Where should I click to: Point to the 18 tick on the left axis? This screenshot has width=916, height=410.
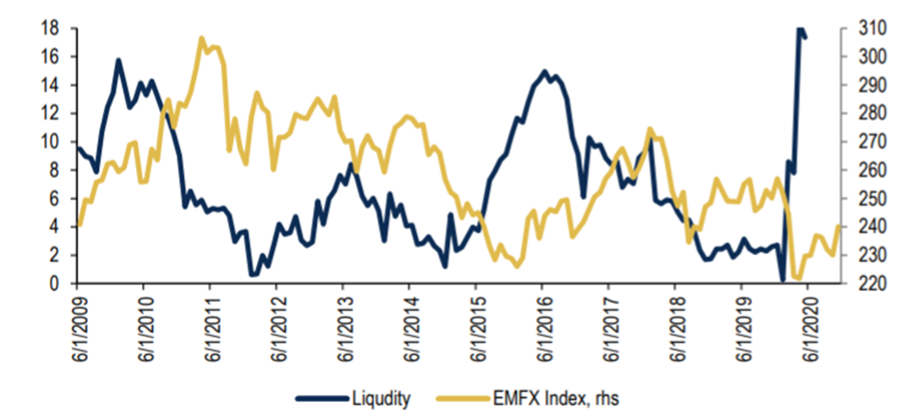pyautogui.click(x=50, y=29)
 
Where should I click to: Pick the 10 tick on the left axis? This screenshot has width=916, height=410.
pyautogui.click(x=50, y=142)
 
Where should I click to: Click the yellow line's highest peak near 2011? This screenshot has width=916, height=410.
pyautogui.click(x=202, y=39)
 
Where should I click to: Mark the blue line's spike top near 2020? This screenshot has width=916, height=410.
pyautogui.click(x=799, y=29)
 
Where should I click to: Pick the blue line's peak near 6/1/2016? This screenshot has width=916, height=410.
pyautogui.click(x=544, y=71)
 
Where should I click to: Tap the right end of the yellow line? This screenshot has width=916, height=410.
pyautogui.click(x=839, y=226)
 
